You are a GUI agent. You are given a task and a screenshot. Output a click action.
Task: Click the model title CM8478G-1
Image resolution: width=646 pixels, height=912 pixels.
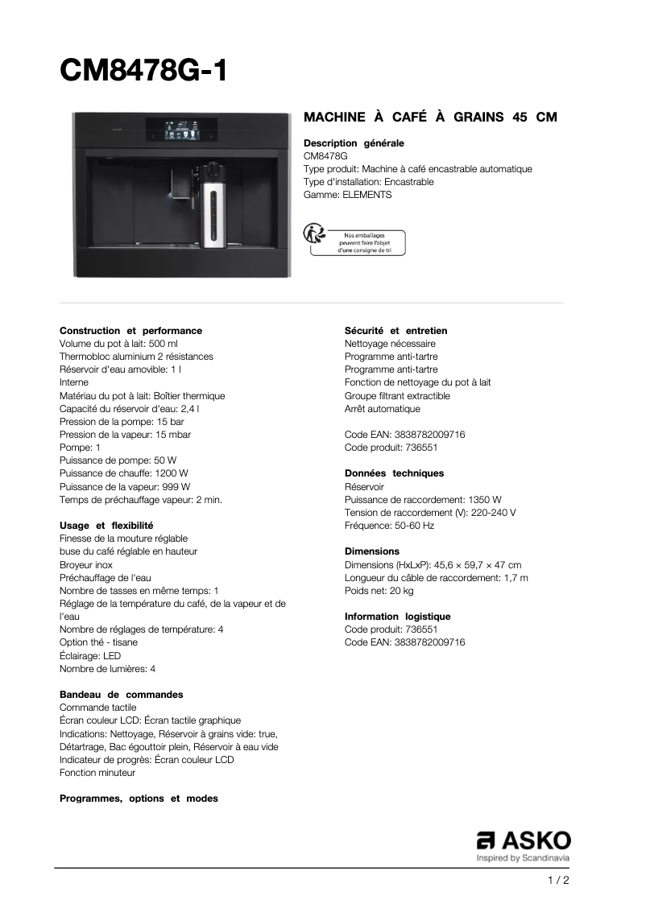[x=144, y=71]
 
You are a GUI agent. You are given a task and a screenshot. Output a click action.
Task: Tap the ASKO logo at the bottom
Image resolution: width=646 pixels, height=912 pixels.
[x=524, y=840]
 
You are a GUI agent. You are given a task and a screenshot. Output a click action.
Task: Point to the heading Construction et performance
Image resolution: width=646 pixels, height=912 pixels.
[x=130, y=331]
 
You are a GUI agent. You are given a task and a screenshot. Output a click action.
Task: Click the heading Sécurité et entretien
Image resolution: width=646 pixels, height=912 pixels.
[x=395, y=331]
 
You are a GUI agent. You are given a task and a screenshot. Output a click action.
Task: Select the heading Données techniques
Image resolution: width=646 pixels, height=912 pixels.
[x=394, y=473]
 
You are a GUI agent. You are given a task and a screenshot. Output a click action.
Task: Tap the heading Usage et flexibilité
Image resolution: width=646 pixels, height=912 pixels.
[x=106, y=526]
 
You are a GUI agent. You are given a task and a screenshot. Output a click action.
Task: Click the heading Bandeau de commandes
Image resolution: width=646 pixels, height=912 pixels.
[x=121, y=694]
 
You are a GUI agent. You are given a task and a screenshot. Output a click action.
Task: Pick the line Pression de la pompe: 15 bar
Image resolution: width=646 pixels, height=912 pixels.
[x=122, y=422]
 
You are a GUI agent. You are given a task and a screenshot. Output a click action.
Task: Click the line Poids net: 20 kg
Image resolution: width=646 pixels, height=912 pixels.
[x=379, y=591]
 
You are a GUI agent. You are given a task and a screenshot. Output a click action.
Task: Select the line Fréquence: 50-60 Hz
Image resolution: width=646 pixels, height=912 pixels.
[x=389, y=526]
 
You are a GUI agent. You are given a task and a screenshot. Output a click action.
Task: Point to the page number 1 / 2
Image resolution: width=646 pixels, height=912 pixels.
[x=558, y=880]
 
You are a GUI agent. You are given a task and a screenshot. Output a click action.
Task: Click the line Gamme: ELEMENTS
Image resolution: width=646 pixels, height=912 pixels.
[x=347, y=195]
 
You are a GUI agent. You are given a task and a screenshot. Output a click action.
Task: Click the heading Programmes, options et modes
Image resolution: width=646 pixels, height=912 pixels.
[x=139, y=799]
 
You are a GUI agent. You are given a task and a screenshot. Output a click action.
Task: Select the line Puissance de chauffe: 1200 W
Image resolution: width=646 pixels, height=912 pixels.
[x=124, y=473]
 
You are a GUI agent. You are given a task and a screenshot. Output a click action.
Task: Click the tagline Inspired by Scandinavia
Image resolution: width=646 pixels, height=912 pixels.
[x=523, y=858]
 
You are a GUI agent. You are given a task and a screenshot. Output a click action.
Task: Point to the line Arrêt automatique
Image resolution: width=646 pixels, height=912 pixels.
[x=382, y=409]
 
